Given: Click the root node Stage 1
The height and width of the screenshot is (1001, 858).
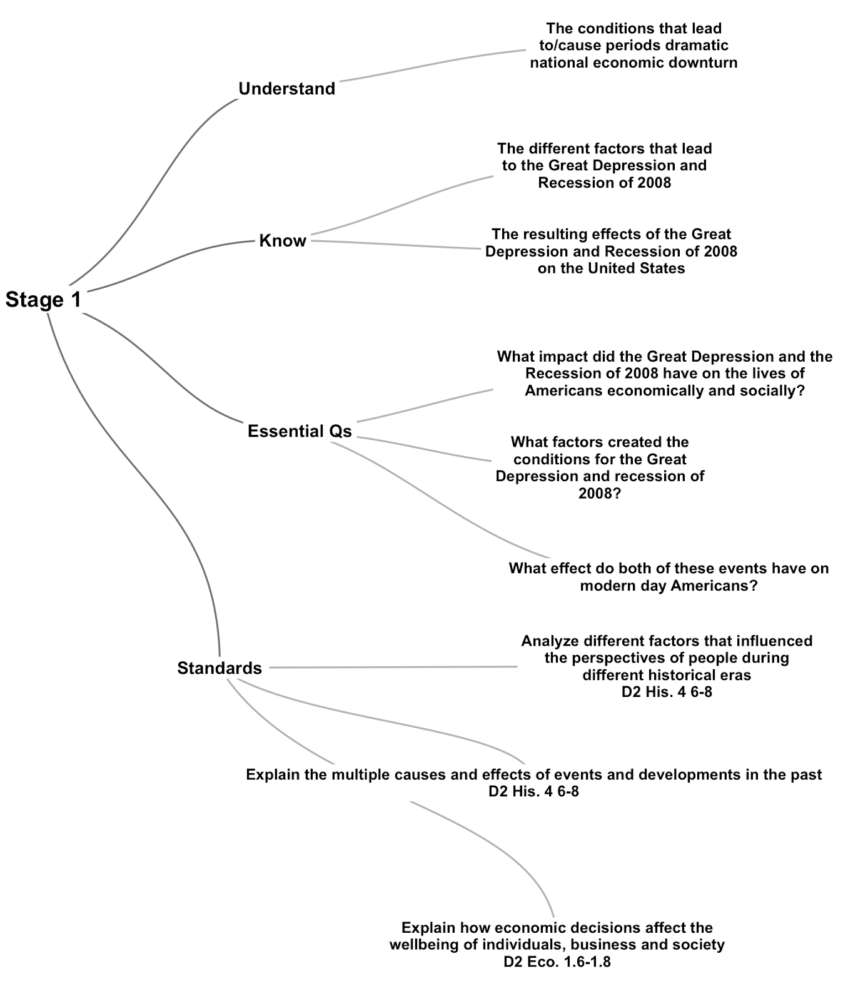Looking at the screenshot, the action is (x=43, y=300).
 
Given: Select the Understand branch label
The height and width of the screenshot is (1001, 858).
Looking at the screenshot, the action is (x=287, y=89).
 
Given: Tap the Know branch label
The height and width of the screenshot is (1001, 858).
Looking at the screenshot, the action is (x=283, y=241).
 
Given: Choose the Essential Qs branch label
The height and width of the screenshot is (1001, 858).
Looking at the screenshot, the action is (x=300, y=431).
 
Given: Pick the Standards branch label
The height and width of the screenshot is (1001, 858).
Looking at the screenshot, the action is (x=220, y=668).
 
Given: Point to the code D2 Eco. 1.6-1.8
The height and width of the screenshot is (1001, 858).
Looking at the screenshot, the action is (x=557, y=962).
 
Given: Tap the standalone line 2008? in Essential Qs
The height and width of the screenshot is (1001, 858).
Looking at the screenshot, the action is (x=600, y=494).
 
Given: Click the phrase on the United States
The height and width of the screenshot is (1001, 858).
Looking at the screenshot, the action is (x=611, y=268).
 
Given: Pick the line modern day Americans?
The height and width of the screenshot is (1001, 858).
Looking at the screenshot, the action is (x=669, y=586).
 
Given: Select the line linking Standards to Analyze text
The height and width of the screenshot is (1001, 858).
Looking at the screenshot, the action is (x=393, y=668).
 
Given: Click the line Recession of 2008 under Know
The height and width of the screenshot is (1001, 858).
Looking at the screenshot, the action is (x=604, y=183).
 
